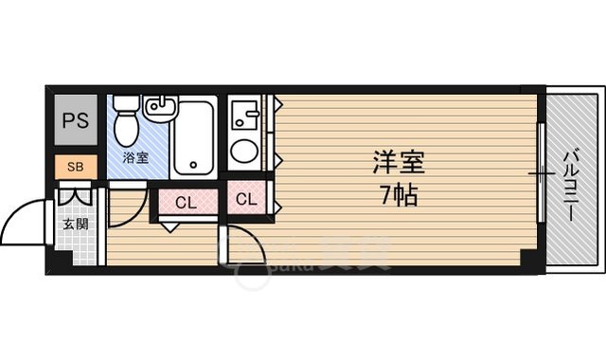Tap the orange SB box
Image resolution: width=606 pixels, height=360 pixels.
[x=74, y=167]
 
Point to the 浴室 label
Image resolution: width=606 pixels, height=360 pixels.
[x=134, y=157]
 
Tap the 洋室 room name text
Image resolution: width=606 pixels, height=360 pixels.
[x=397, y=162]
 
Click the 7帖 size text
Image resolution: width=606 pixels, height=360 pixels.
[x=399, y=198]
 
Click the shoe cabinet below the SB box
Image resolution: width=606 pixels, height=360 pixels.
[x=78, y=195]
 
